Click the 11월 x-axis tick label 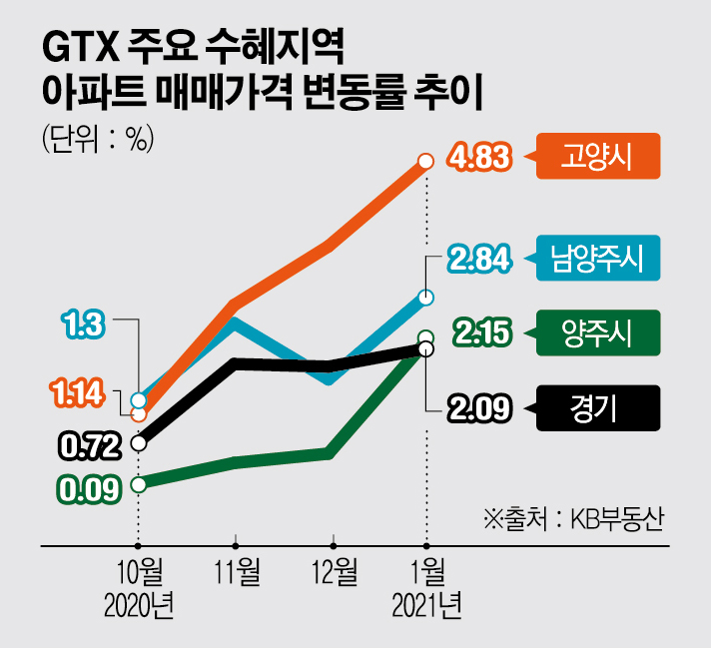237,572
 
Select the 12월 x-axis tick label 334,572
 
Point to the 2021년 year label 426,604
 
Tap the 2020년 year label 139,604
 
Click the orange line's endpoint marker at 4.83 426,160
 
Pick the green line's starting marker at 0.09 139,485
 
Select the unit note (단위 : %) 96,140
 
